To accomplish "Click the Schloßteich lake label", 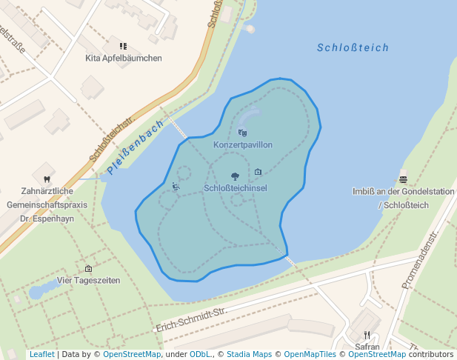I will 353,47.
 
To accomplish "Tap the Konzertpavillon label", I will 243,145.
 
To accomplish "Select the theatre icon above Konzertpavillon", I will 242,133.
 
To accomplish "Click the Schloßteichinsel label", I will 236,188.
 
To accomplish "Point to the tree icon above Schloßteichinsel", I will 235,176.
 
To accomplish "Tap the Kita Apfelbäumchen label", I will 124,58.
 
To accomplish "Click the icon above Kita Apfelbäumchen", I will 123,46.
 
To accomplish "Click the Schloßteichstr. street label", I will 111,139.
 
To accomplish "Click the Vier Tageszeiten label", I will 89,281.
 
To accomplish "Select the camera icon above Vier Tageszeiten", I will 89,269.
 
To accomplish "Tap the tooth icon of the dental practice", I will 47,179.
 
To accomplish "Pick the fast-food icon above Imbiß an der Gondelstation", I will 403,179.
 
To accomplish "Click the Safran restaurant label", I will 367,346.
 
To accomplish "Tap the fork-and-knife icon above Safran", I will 367,335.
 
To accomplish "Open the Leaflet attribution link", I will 41,355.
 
